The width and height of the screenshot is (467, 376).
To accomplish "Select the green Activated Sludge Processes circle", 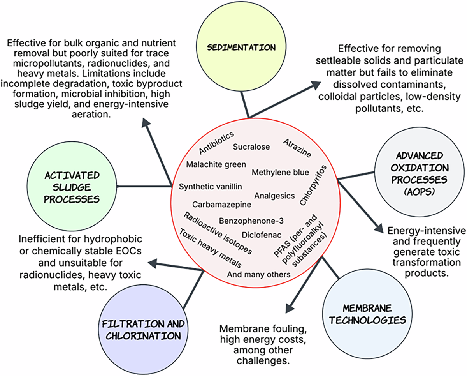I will (x=71, y=187).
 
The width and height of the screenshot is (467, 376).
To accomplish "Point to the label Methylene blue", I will (x=280, y=172).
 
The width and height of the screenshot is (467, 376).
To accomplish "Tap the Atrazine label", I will (x=297, y=148).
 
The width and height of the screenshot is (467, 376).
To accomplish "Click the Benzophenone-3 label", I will (x=251, y=221).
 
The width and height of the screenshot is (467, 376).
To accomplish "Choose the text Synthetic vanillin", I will (x=211, y=187).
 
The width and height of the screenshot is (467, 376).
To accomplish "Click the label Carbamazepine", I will (x=222, y=204).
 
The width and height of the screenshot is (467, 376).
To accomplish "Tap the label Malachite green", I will (x=216, y=164).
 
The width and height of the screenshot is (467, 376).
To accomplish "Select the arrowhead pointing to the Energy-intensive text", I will (x=379, y=228).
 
